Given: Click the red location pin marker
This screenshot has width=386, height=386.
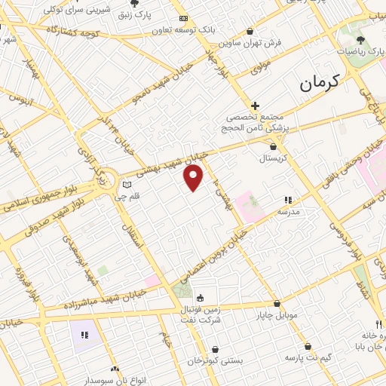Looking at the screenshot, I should click(194, 178).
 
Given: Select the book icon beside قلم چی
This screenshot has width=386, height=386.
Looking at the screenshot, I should click(127, 185).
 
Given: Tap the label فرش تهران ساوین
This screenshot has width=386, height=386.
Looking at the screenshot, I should click(256, 43).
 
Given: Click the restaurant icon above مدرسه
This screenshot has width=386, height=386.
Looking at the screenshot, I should click(287, 201).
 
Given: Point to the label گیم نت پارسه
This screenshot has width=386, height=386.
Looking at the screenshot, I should click(308, 357).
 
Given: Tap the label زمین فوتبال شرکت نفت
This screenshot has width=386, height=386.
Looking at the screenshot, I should click(201, 314).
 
